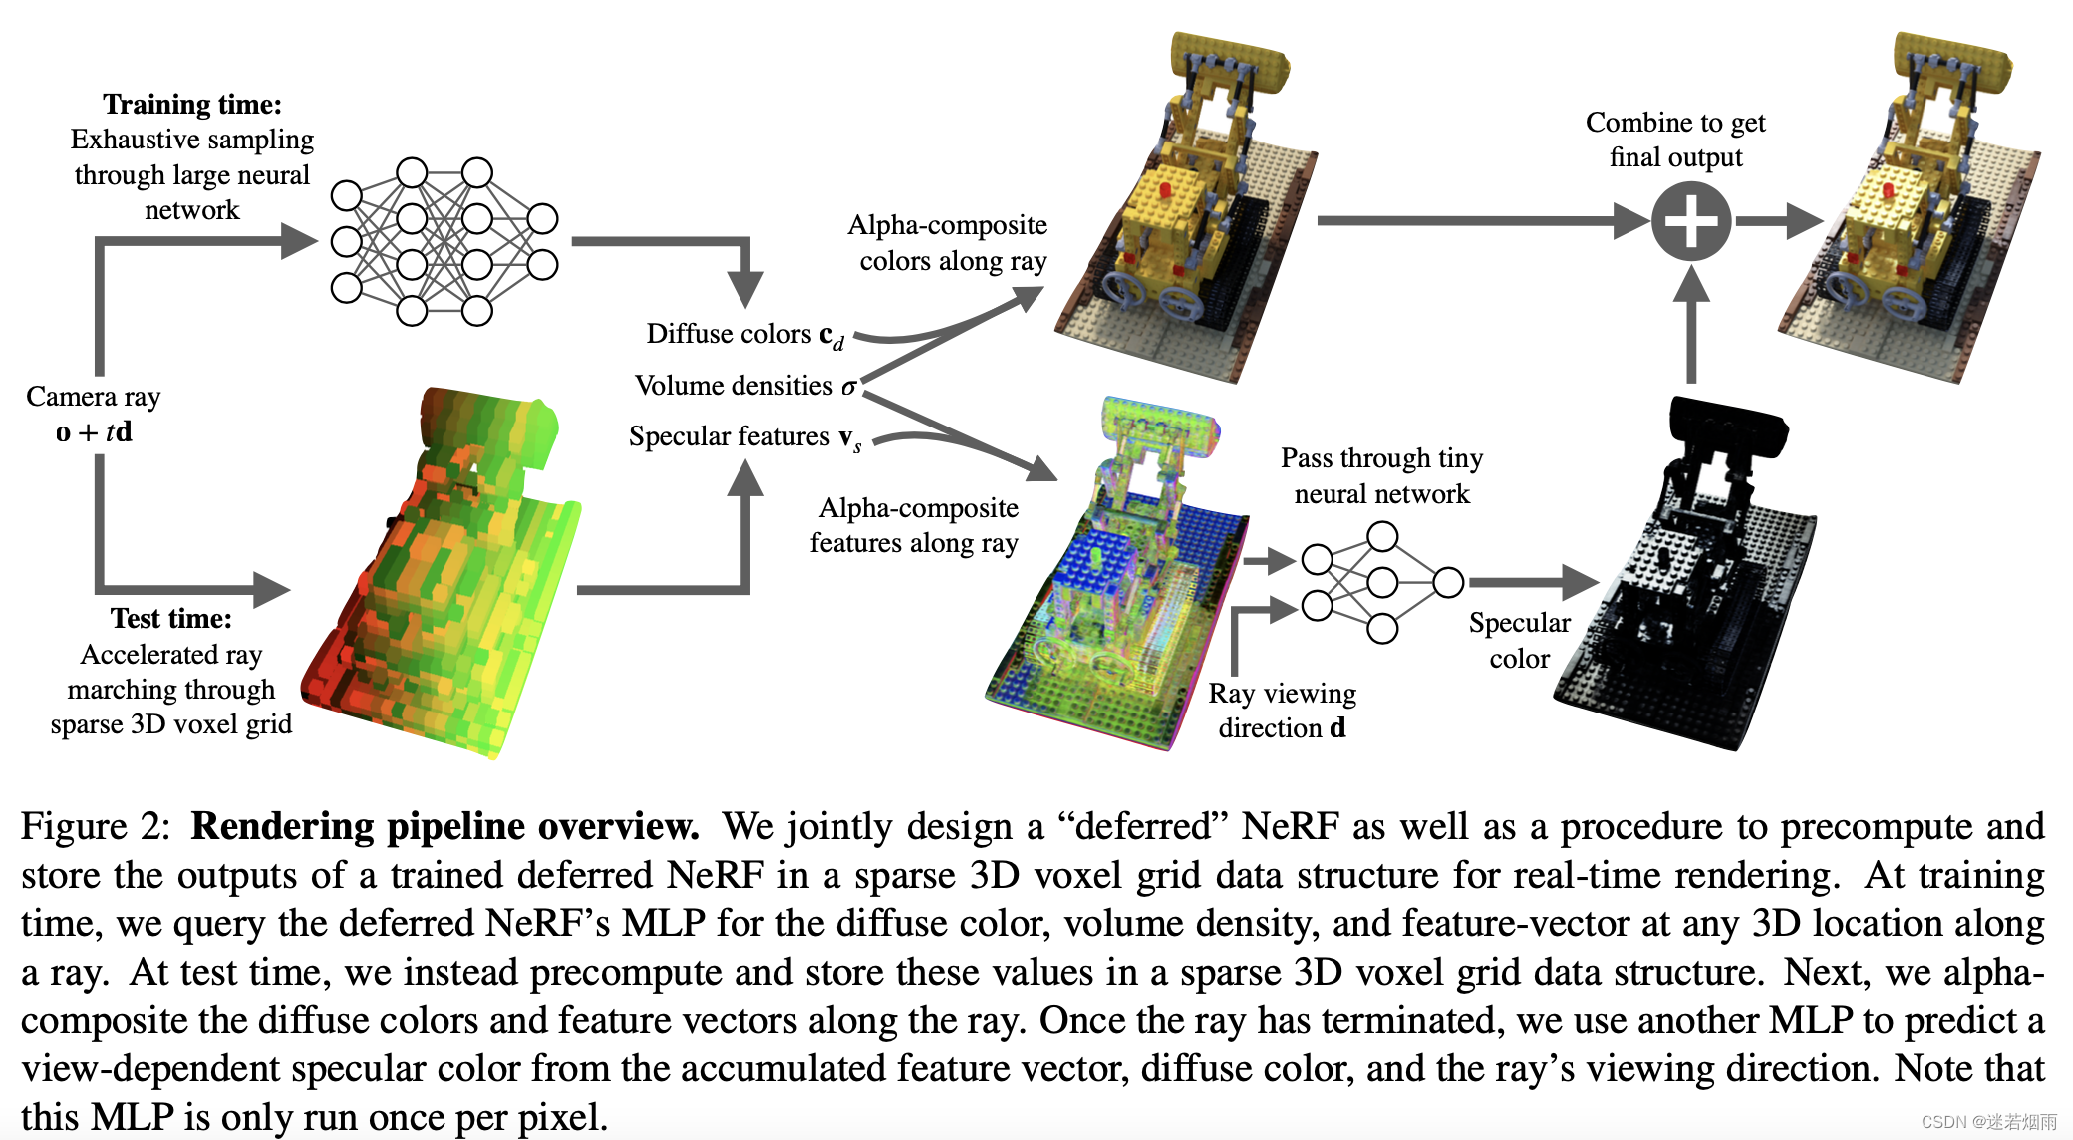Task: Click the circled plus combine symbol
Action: click(x=1691, y=221)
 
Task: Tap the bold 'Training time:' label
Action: click(x=192, y=105)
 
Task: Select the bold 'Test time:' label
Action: click(x=170, y=619)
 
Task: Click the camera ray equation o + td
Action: click(x=94, y=432)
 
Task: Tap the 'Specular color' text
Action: click(x=1519, y=640)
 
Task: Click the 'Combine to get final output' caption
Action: click(x=1675, y=140)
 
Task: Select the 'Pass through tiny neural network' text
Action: click(x=1381, y=475)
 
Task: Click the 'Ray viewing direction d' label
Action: click(x=1282, y=710)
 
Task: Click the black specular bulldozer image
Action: click(x=1684, y=588)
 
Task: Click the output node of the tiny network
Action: click(x=1448, y=582)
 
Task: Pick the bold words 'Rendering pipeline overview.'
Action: click(x=444, y=827)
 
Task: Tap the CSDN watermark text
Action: click(x=1988, y=1122)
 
